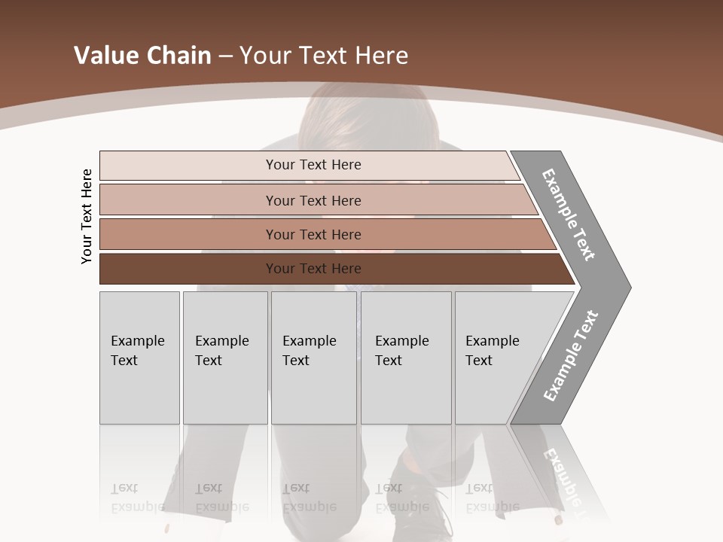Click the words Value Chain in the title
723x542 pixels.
(142, 55)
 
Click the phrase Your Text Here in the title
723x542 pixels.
(324, 55)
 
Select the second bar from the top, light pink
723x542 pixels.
(313, 200)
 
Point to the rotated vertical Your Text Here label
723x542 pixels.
(87, 216)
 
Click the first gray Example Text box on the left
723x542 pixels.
(139, 358)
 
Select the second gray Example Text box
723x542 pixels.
(224, 358)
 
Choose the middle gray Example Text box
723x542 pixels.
(313, 358)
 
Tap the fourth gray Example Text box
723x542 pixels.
(405, 358)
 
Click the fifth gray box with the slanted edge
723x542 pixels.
(497, 358)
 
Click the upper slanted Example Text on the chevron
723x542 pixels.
(569, 214)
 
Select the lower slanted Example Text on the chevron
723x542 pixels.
(570, 356)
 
